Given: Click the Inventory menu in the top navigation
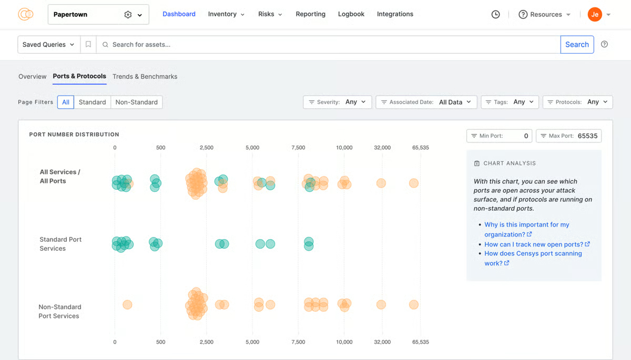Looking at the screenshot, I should point(226,14).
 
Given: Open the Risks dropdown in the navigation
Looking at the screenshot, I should point(270,14).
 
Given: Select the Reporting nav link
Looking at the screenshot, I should point(310,14).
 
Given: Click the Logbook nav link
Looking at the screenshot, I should point(351,14).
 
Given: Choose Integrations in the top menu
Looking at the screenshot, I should point(395,14).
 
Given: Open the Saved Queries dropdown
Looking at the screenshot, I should point(48,45).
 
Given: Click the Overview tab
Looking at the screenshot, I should point(32,77).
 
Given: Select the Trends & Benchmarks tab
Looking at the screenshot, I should point(145,77).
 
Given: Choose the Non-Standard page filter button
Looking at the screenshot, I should point(136,102).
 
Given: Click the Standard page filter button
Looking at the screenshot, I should point(92,102).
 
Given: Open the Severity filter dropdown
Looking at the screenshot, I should point(338,102).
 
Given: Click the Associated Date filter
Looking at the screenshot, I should point(426,102).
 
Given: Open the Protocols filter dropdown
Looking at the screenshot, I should point(577,102).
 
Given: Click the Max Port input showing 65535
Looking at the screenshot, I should point(587,136).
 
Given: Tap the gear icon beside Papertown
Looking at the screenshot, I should point(128,15).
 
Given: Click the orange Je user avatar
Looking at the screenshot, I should point(595,15).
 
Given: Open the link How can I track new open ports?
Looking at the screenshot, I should point(534,244).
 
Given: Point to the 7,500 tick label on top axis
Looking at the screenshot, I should point(298,148).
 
